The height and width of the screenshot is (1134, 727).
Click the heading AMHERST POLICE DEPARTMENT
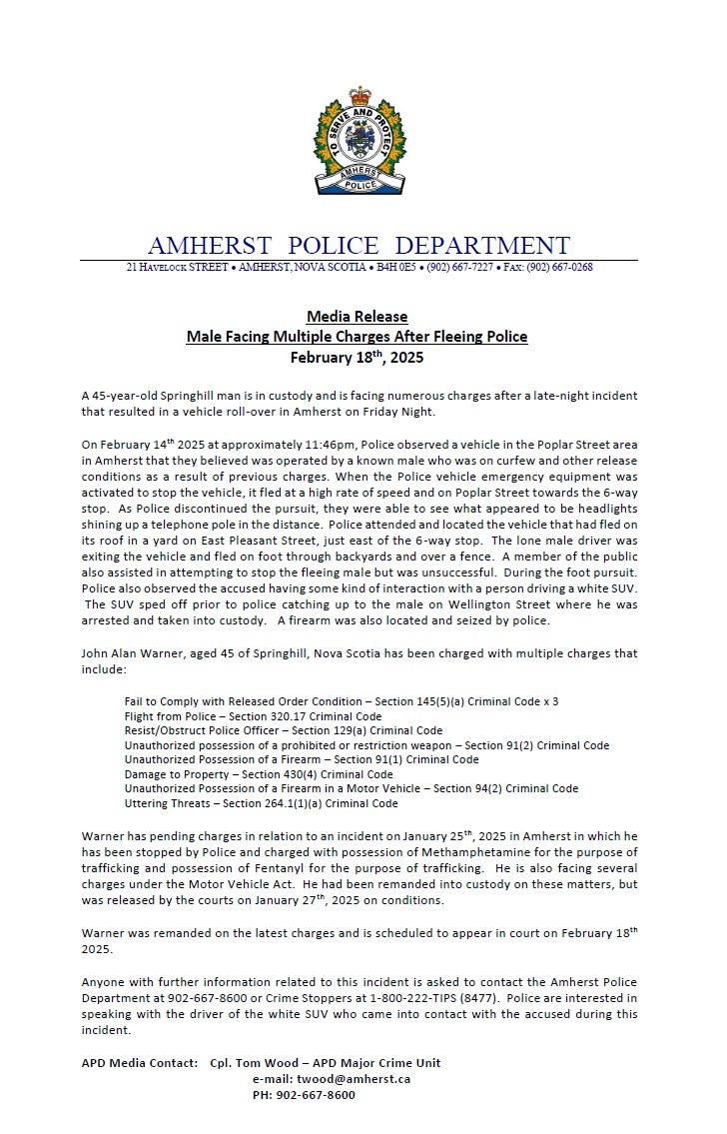[x=359, y=246]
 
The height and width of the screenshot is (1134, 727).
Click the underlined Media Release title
[x=357, y=317]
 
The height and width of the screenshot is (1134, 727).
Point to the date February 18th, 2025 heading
[x=357, y=357]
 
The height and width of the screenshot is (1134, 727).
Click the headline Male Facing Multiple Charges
[x=357, y=337]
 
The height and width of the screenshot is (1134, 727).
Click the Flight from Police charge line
[x=253, y=716]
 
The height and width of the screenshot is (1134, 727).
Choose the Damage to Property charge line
[x=259, y=774]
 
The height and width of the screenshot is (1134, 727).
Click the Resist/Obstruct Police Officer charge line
[x=284, y=730]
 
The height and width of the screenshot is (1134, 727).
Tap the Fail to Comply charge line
[x=341, y=701]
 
